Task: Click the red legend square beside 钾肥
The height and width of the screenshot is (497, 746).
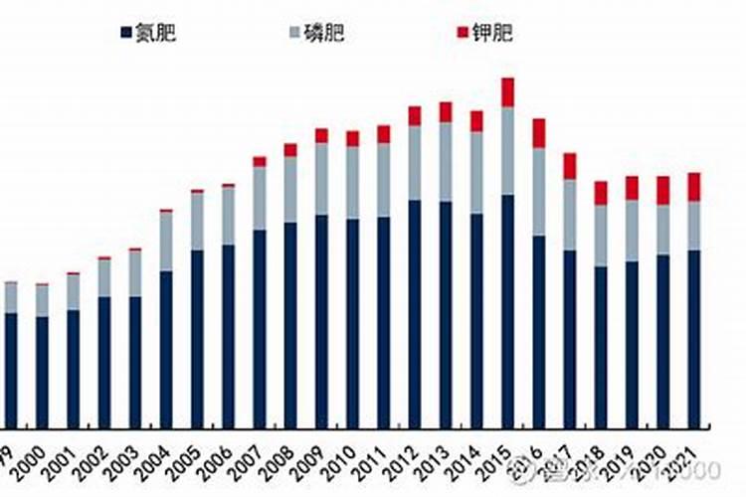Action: pyautogui.click(x=463, y=33)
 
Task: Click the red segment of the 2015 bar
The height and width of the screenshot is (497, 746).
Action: pyautogui.click(x=507, y=91)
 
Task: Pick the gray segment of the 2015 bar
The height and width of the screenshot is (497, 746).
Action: pyautogui.click(x=507, y=150)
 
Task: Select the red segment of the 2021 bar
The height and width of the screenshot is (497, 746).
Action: pyautogui.click(x=693, y=187)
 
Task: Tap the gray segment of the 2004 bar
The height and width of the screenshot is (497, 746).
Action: pyautogui.click(x=166, y=241)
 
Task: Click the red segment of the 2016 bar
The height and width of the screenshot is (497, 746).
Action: pyautogui.click(x=538, y=133)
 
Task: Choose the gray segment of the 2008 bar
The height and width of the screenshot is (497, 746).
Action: pyautogui.click(x=290, y=189)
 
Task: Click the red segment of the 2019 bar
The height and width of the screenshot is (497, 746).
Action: pyautogui.click(x=631, y=188)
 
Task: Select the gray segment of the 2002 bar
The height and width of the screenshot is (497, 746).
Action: pyautogui.click(x=104, y=277)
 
